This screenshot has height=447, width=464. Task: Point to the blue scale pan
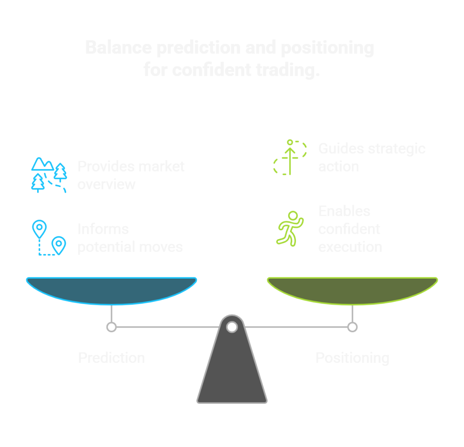pos(111,290)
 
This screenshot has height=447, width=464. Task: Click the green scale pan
pos(353,290)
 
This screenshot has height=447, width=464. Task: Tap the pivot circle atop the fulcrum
pos(232,327)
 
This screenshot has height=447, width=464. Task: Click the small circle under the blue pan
pos(111,327)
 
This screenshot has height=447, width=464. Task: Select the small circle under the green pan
pos(353,327)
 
